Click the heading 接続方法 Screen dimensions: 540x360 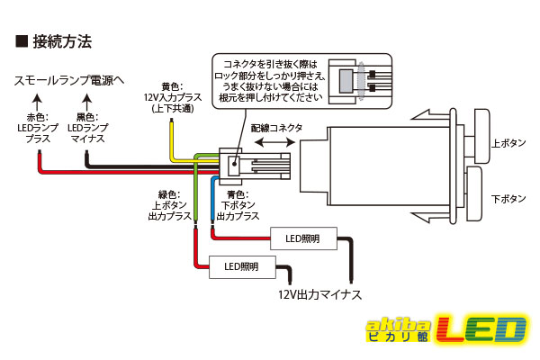(62, 41)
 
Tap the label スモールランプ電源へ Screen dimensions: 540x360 (69, 81)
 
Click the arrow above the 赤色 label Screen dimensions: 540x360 (37, 102)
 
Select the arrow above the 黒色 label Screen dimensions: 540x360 (87, 102)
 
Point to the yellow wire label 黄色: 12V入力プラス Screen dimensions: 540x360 (173, 97)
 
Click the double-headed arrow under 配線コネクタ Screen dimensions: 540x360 (274, 142)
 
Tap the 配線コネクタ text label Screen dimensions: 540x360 (276, 128)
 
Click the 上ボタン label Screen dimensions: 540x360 (508, 143)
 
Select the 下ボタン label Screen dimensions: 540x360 (508, 199)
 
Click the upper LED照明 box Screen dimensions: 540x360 (303, 238)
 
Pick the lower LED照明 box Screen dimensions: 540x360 (242, 267)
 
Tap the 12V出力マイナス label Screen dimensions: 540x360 (319, 294)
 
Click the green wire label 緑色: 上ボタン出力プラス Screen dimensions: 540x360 (169, 206)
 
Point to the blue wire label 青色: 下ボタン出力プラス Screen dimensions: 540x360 (238, 206)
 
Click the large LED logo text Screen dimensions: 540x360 (481, 329)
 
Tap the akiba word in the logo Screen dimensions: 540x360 (399, 325)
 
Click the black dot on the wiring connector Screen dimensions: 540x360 (235, 164)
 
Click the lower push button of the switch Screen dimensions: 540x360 (474, 194)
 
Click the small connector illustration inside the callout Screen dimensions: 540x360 (359, 81)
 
